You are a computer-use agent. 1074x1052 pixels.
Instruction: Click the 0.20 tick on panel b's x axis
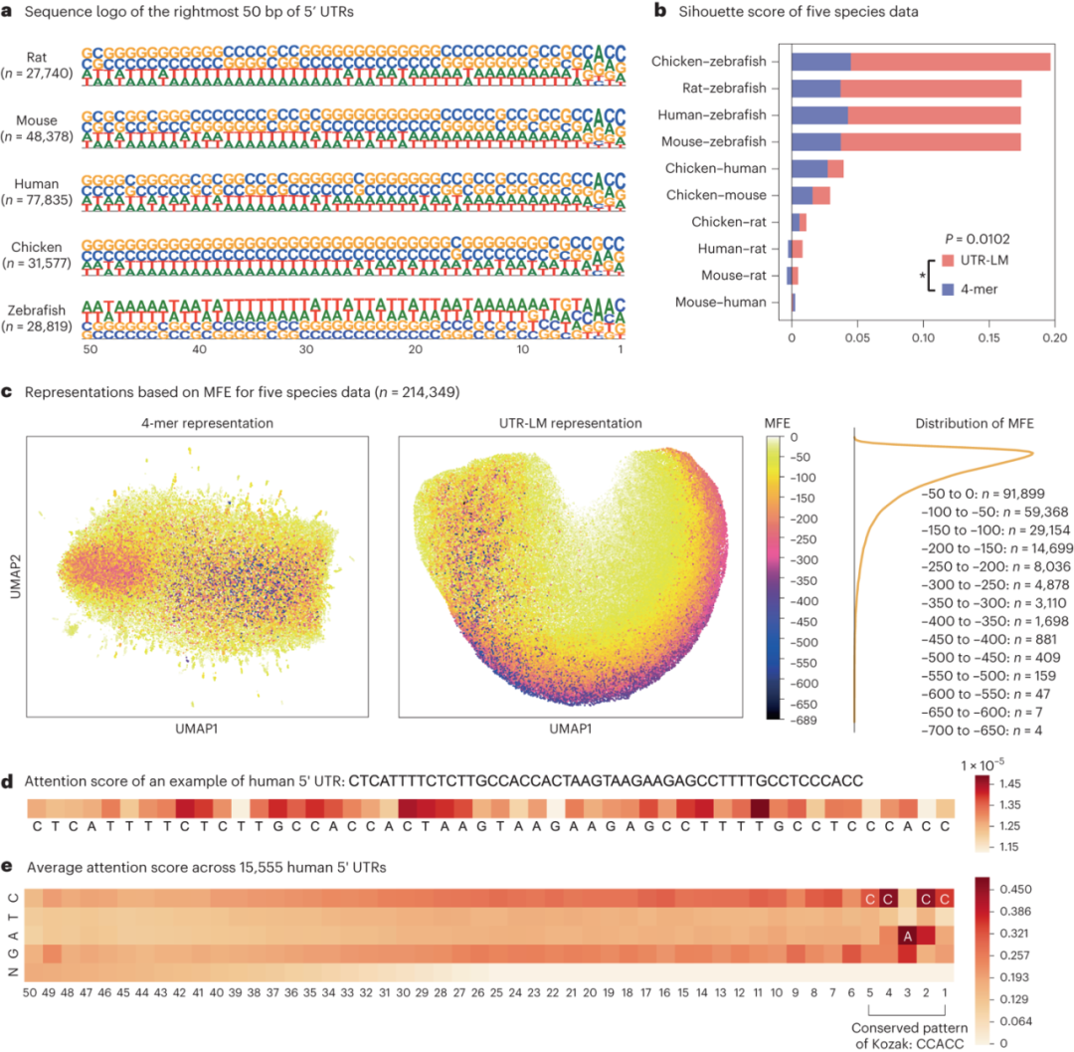tap(1054, 337)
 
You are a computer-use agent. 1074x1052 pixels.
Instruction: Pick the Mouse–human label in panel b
tap(721, 302)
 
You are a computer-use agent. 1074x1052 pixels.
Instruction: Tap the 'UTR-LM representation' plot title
tap(570, 423)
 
